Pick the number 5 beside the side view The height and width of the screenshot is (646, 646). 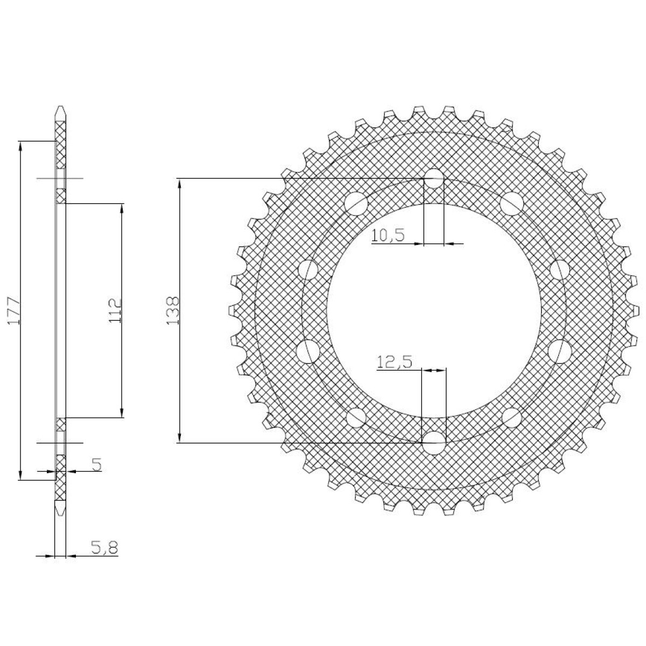(x=96, y=465)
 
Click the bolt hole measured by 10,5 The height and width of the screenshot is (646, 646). (x=434, y=178)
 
